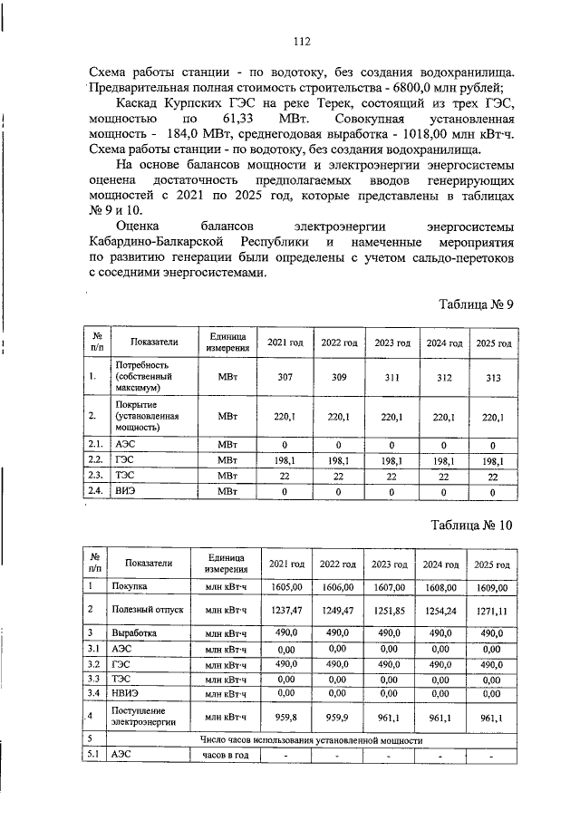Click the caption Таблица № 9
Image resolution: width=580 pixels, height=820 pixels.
[476, 304]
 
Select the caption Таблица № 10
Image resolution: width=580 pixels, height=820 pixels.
[471, 525]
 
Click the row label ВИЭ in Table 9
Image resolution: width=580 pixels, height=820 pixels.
[125, 491]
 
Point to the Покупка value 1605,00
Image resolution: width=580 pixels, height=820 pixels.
[285, 587]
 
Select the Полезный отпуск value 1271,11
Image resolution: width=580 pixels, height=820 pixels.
[492, 611]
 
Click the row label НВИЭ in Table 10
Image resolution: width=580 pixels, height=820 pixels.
[125, 693]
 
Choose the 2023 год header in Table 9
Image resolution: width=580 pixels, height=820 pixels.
[392, 342]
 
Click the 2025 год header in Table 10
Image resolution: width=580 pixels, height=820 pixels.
[492, 564]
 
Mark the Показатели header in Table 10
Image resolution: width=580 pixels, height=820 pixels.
[149, 563]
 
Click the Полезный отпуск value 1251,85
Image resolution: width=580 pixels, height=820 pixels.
[389, 611]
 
